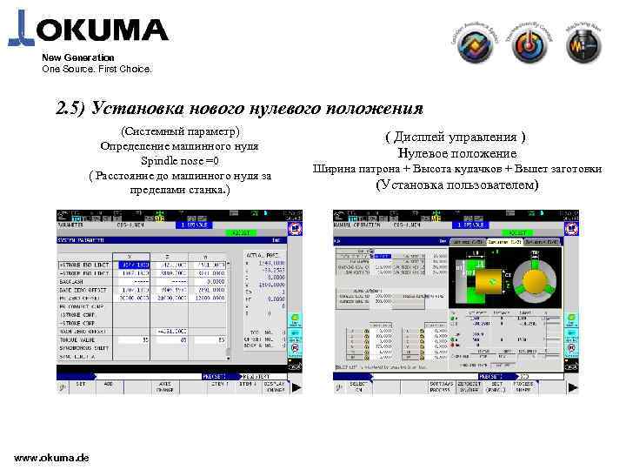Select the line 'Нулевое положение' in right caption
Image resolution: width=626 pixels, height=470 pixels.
coord(456,153)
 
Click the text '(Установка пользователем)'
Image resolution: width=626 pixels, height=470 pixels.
coord(456,185)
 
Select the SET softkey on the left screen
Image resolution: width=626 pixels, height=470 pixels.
coord(80,384)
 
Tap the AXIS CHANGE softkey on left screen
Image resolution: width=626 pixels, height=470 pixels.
coord(166,386)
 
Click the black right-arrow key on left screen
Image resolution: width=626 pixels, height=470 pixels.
coord(296,386)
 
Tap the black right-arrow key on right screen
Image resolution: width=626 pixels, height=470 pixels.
coord(571,386)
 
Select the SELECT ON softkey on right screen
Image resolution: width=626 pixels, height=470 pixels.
coord(357,386)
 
